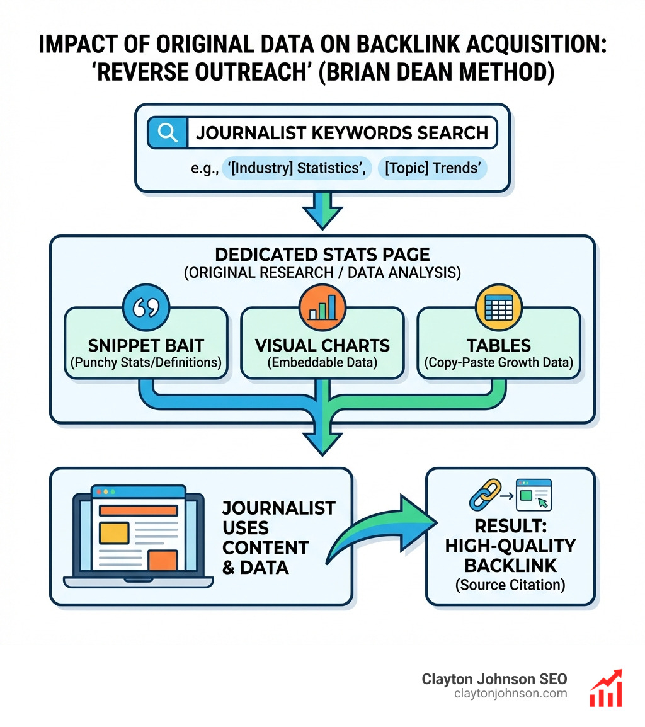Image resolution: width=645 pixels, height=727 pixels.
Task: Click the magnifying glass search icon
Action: click(x=167, y=133)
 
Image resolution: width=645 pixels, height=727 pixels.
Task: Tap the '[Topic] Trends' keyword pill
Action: click(x=431, y=169)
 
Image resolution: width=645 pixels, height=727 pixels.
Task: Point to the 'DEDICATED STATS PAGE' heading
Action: click(x=322, y=255)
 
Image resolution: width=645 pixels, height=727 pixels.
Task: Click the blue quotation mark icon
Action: click(x=146, y=306)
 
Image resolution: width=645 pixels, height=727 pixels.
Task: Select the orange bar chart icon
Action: click(x=322, y=306)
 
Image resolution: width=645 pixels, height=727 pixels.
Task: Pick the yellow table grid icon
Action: click(x=498, y=306)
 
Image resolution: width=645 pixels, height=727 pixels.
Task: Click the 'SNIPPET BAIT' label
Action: click(x=146, y=345)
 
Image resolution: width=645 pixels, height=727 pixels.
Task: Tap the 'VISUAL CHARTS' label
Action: click(x=322, y=345)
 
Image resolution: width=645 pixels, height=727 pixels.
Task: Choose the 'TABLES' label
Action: click(x=498, y=345)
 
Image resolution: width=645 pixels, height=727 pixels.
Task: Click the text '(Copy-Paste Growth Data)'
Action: click(x=498, y=363)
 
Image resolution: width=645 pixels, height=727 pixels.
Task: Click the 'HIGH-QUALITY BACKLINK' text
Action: click(x=510, y=555)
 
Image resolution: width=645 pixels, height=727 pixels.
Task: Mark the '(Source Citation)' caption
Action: click(x=510, y=585)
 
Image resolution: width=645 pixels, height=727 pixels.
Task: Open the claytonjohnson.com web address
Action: click(x=510, y=694)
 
